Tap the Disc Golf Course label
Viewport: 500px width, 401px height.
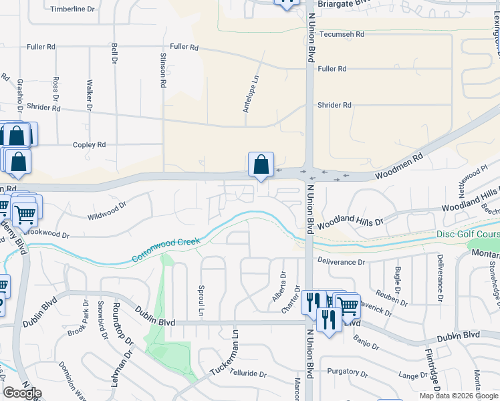pyautogui.click(x=467, y=234)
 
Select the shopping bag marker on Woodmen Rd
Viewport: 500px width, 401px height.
pyautogui.click(x=261, y=164)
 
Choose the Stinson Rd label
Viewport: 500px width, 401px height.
pyautogui.click(x=163, y=70)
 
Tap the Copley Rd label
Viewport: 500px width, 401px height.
pyautogui.click(x=90, y=144)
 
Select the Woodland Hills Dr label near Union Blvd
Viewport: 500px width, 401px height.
pyautogui.click(x=350, y=221)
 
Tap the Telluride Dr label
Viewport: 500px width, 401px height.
pyautogui.click(x=243, y=375)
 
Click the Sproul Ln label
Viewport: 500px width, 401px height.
pyautogui.click(x=201, y=301)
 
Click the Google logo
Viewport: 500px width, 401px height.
pyautogui.click(x=22, y=393)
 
